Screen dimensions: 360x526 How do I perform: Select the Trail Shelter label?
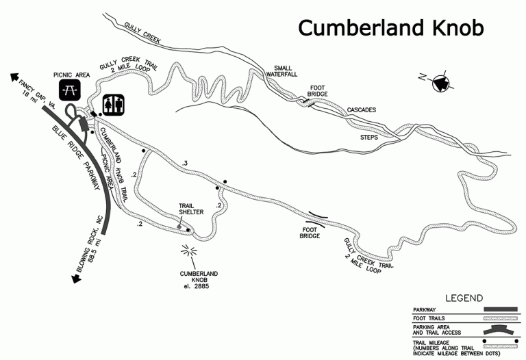(191, 208)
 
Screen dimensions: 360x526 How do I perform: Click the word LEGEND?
(464, 299)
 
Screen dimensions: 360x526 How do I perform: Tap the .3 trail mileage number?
(185, 162)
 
